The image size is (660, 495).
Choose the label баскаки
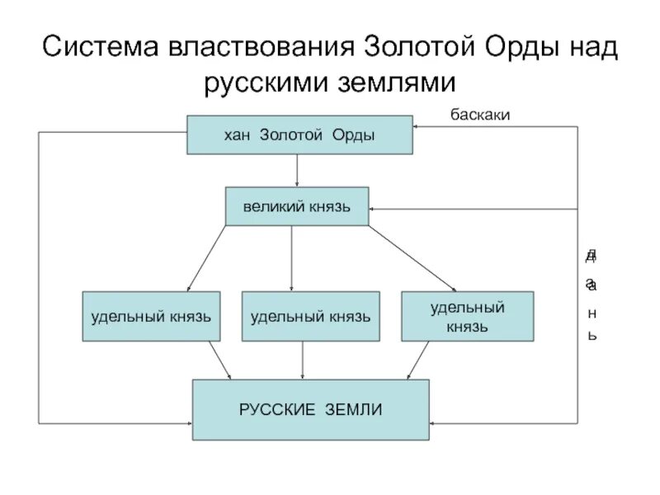coord(479,115)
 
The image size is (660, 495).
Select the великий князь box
coord(296,206)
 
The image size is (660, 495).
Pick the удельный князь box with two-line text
coord(468,316)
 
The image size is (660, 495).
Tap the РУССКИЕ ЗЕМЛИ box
coord(310,409)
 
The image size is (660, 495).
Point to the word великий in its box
coord(271,206)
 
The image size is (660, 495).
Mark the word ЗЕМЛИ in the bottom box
coord(351,409)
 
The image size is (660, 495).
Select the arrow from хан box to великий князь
coord(297,170)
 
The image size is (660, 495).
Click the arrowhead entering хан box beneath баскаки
coord(417,126)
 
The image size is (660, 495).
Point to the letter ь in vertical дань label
coord(591,336)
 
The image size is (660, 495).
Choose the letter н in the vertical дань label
coord(591,315)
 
